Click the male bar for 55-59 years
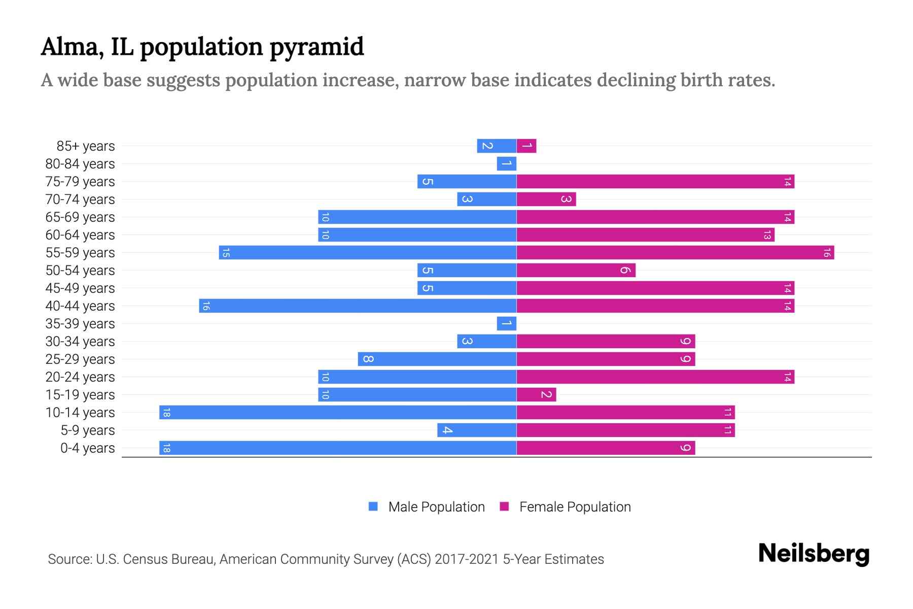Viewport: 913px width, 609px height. (368, 252)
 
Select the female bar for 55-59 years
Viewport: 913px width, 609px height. (675, 252)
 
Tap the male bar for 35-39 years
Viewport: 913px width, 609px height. (506, 323)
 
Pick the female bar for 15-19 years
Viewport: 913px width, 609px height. (536, 394)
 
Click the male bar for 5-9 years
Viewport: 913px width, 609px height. (477, 430)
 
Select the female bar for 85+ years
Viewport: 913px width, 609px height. (526, 146)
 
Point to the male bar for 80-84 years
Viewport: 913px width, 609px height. (506, 163)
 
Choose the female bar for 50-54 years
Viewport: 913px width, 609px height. (576, 270)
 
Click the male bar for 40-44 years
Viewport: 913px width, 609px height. (358, 306)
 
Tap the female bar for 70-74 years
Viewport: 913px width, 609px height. (546, 199)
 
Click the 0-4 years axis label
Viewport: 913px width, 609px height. (87, 448)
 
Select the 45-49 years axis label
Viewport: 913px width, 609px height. (80, 288)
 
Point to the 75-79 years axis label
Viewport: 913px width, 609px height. (80, 182)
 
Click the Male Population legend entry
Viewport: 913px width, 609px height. (436, 506)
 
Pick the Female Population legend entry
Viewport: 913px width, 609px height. (574, 506)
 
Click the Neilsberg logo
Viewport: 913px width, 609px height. (814, 554)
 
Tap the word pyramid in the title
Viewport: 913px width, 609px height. (317, 47)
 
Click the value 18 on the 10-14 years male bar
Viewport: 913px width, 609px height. (166, 413)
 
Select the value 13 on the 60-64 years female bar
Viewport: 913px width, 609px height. (767, 235)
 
